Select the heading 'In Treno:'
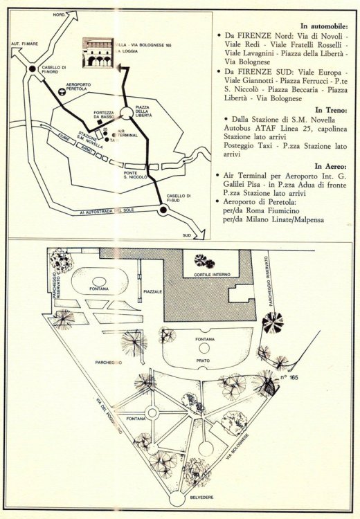pyautogui.click(x=331, y=110)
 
